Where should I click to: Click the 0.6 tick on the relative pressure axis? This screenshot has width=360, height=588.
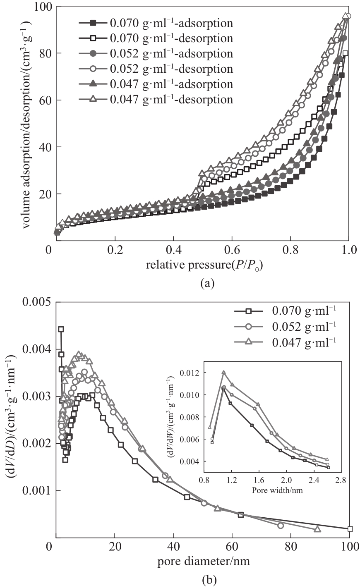click(232, 251)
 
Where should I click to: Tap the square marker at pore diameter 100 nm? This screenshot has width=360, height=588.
click(350, 528)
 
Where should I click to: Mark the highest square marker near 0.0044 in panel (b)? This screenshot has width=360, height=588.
click(61, 329)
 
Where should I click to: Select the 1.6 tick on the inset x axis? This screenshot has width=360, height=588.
click(258, 481)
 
